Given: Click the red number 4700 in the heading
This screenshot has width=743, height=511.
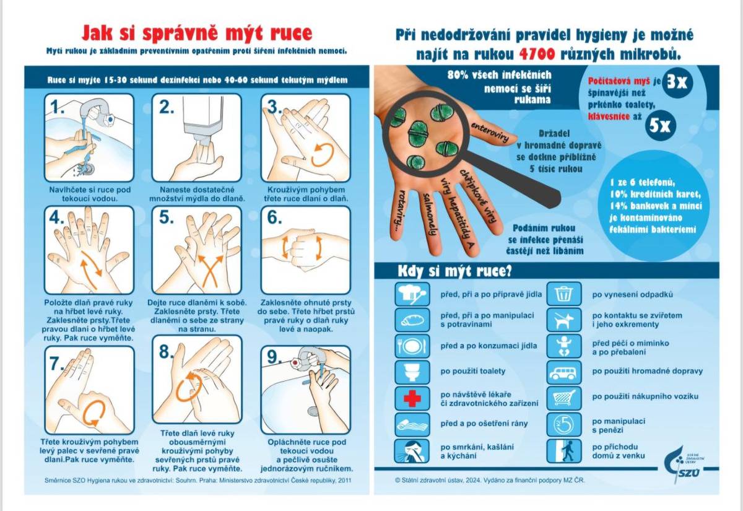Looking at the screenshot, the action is pyautogui.click(x=537, y=55).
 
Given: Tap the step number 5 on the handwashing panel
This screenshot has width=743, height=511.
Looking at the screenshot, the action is pyautogui.click(x=166, y=218).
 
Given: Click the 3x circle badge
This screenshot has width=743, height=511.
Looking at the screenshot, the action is pyautogui.click(x=677, y=82).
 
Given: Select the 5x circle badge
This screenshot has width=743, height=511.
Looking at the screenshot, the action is pyautogui.click(x=660, y=126).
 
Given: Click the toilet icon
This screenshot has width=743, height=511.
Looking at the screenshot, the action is pyautogui.click(x=412, y=372).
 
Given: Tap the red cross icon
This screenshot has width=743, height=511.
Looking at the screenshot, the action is pyautogui.click(x=412, y=398).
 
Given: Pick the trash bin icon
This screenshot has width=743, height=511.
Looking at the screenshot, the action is pyautogui.click(x=564, y=294).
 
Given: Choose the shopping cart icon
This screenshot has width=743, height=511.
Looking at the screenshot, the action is pyautogui.click(x=564, y=398).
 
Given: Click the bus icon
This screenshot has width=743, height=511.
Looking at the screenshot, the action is pyautogui.click(x=564, y=372).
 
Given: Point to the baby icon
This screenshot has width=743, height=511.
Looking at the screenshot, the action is pyautogui.click(x=564, y=346).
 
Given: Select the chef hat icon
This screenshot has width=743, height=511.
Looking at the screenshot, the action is pyautogui.click(x=412, y=294).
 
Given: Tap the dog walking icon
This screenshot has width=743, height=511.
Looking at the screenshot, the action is pyautogui.click(x=564, y=320).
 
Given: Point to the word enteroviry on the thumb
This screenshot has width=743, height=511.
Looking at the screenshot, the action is pyautogui.click(x=490, y=133).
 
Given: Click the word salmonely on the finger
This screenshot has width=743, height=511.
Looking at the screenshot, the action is pyautogui.click(x=428, y=214).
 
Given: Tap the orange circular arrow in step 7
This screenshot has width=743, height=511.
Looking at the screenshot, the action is pyautogui.click(x=90, y=414).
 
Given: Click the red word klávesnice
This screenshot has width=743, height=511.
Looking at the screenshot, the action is pyautogui.click(x=609, y=116).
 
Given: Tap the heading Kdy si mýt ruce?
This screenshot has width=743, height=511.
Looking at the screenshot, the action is pyautogui.click(x=454, y=272).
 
